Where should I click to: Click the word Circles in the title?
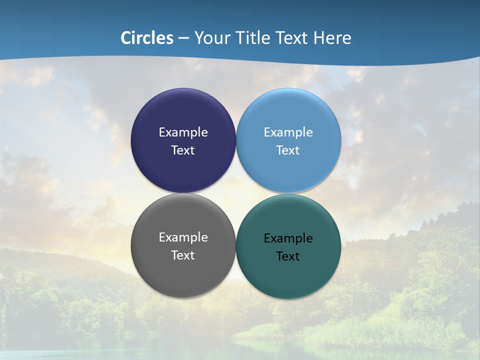tap(147, 38)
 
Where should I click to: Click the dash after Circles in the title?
tap(183, 38)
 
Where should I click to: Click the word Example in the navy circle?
tap(183, 132)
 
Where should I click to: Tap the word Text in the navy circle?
tap(183, 150)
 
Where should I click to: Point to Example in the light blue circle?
tap(288, 132)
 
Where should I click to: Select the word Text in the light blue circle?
tap(288, 150)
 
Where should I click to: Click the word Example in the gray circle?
tap(183, 237)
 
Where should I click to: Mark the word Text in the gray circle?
tap(183, 255)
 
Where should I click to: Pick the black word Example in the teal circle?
tap(288, 238)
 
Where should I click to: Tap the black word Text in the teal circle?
tap(288, 256)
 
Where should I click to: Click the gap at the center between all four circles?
tap(235, 193)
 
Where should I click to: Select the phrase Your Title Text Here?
tap(272, 38)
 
